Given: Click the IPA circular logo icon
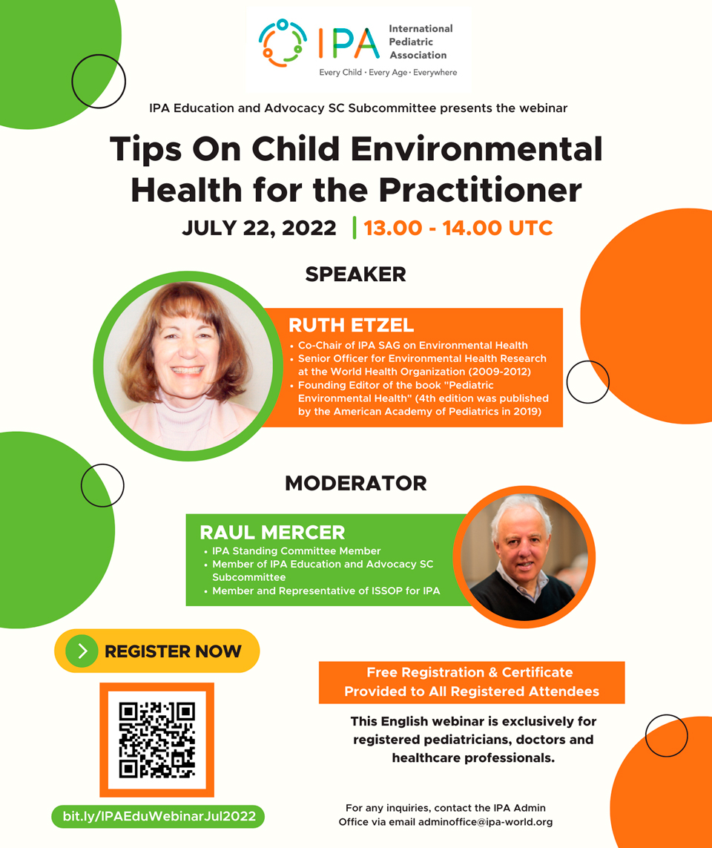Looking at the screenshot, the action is point(283,43).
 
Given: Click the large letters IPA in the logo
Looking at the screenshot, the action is point(349,43).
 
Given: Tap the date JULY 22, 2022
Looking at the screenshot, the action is point(259,229).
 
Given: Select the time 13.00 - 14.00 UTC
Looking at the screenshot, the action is point(458,229).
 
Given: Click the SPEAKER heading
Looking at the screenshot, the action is point(356,275).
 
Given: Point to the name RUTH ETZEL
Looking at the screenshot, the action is point(351,325).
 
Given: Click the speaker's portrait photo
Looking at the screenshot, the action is point(188,367).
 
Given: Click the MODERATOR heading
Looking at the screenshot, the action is point(356,483).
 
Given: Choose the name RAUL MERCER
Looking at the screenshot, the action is point(272,533).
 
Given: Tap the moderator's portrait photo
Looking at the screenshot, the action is point(524,557).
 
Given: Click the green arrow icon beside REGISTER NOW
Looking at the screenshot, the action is point(82,651).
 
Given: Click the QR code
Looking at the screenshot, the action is point(156,740).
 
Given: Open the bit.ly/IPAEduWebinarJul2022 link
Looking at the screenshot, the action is point(159,816).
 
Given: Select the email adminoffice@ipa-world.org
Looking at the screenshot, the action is point(486,822).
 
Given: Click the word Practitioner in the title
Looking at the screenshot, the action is point(480,190).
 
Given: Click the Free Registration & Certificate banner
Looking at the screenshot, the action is point(472,682).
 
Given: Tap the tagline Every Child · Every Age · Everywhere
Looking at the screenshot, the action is point(388,73).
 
